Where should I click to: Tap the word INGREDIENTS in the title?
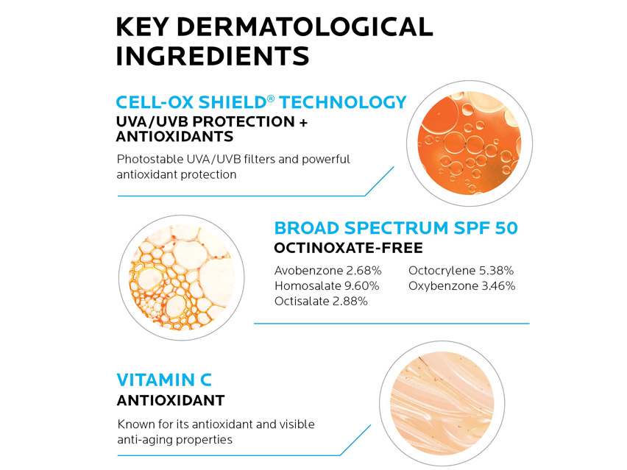pyautogui.click(x=212, y=57)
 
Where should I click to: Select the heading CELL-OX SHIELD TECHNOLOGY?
pyautogui.click(x=261, y=102)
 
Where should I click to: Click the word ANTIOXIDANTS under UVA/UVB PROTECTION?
pyautogui.click(x=174, y=137)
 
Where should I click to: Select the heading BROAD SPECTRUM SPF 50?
pyautogui.click(x=396, y=228)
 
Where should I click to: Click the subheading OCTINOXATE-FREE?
pyautogui.click(x=348, y=248)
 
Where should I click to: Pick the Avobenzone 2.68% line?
pyautogui.click(x=327, y=271)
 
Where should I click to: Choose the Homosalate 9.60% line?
pyautogui.click(x=327, y=286)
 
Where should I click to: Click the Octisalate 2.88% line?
pyautogui.click(x=321, y=302)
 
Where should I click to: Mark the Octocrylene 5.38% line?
pyautogui.click(x=461, y=271)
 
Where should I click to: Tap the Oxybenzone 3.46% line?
pyautogui.click(x=461, y=286)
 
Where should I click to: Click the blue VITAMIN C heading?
pyautogui.click(x=164, y=380)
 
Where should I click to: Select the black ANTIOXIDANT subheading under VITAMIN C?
pyautogui.click(x=170, y=401)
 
